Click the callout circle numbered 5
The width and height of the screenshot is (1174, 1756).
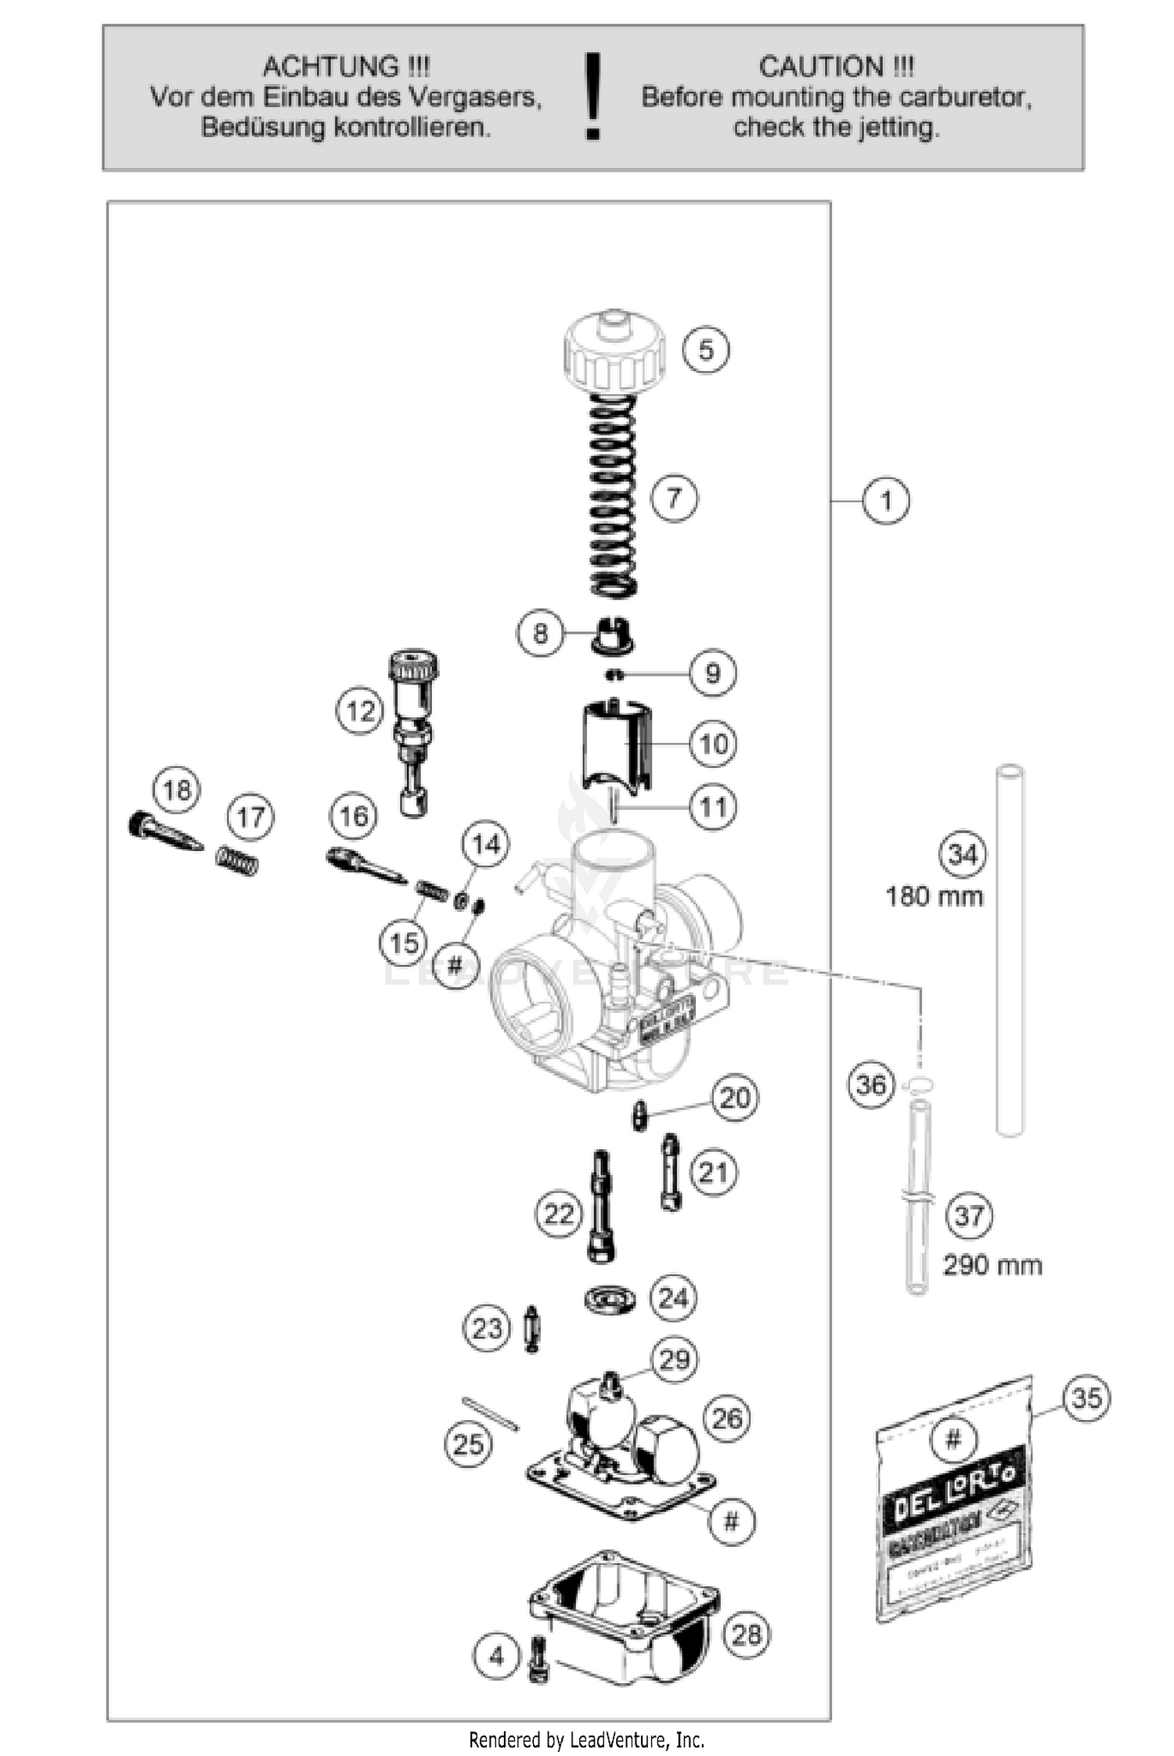point(705,349)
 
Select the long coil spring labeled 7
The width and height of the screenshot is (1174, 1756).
point(612,496)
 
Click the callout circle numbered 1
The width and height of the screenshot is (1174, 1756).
point(886,500)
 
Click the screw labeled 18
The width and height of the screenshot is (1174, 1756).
point(164,832)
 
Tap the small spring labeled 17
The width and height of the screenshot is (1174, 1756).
point(237,860)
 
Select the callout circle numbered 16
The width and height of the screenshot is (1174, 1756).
point(353,817)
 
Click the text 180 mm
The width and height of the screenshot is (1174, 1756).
point(934,896)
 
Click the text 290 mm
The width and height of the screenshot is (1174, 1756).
point(992,1265)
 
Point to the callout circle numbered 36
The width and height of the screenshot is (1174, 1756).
point(870,1085)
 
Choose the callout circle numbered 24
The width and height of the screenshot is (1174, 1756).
point(672,1299)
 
